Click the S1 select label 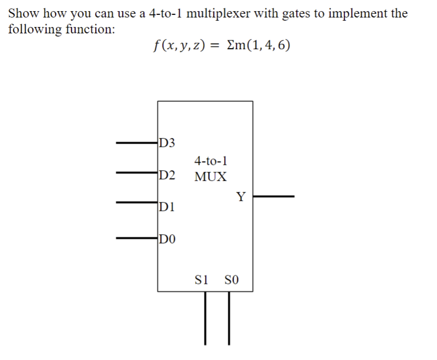tap(203, 279)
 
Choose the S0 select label tap(232, 279)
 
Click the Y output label tap(241, 198)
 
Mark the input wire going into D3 tap(136, 142)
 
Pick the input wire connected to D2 tap(136, 172)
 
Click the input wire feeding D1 tap(136, 202)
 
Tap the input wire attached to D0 tap(136, 238)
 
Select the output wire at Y tap(273, 197)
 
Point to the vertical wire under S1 tap(206, 317)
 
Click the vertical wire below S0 tap(229, 317)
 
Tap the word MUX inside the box tap(210, 177)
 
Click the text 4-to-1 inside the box tap(211, 160)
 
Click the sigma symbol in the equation tap(230, 46)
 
